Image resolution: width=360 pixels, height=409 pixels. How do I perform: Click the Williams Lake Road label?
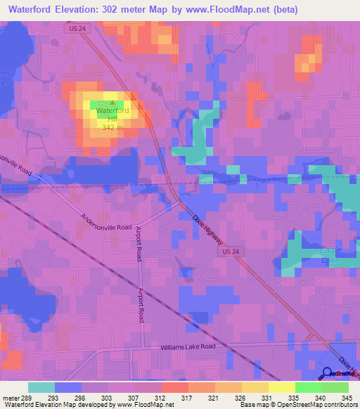pyautogui.click(x=186, y=346)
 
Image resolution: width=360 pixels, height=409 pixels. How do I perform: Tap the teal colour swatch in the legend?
pyautogui.click(x=41, y=387)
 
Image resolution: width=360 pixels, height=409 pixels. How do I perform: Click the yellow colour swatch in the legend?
pyautogui.click(x=281, y=387)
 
